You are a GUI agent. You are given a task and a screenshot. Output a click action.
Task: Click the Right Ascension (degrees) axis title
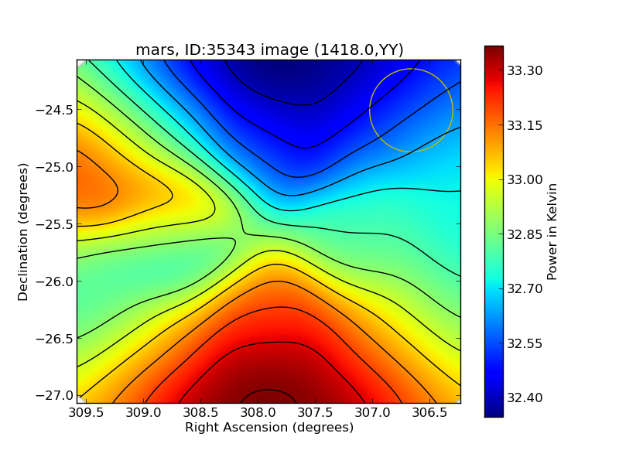[269, 428]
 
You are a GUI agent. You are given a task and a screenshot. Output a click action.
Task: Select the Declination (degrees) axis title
[23, 231]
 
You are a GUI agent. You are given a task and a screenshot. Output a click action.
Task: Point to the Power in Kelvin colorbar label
[552, 231]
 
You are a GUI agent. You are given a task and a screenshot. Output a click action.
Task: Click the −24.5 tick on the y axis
[55, 110]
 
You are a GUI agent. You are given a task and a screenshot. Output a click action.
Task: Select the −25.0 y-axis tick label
[55, 167]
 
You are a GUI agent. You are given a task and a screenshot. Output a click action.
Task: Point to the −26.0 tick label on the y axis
[55, 281]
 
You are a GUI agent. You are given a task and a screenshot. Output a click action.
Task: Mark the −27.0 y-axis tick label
[55, 395]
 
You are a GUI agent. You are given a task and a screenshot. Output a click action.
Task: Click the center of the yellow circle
[411, 111]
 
